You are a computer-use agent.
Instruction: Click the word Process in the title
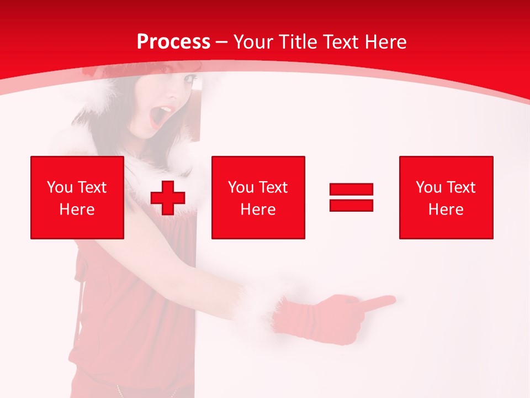point(173,42)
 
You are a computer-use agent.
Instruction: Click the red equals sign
point(352,197)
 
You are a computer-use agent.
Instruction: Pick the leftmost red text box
point(77,197)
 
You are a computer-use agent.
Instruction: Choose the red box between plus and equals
point(258,197)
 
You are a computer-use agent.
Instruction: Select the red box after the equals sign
point(446,197)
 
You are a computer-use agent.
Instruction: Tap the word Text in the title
point(341,42)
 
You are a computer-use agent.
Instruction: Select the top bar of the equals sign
point(352,190)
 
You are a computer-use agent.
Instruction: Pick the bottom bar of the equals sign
point(352,205)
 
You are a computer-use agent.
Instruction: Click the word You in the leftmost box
point(60,187)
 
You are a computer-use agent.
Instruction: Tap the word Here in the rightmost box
point(446,210)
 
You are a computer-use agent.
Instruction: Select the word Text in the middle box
point(273,187)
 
